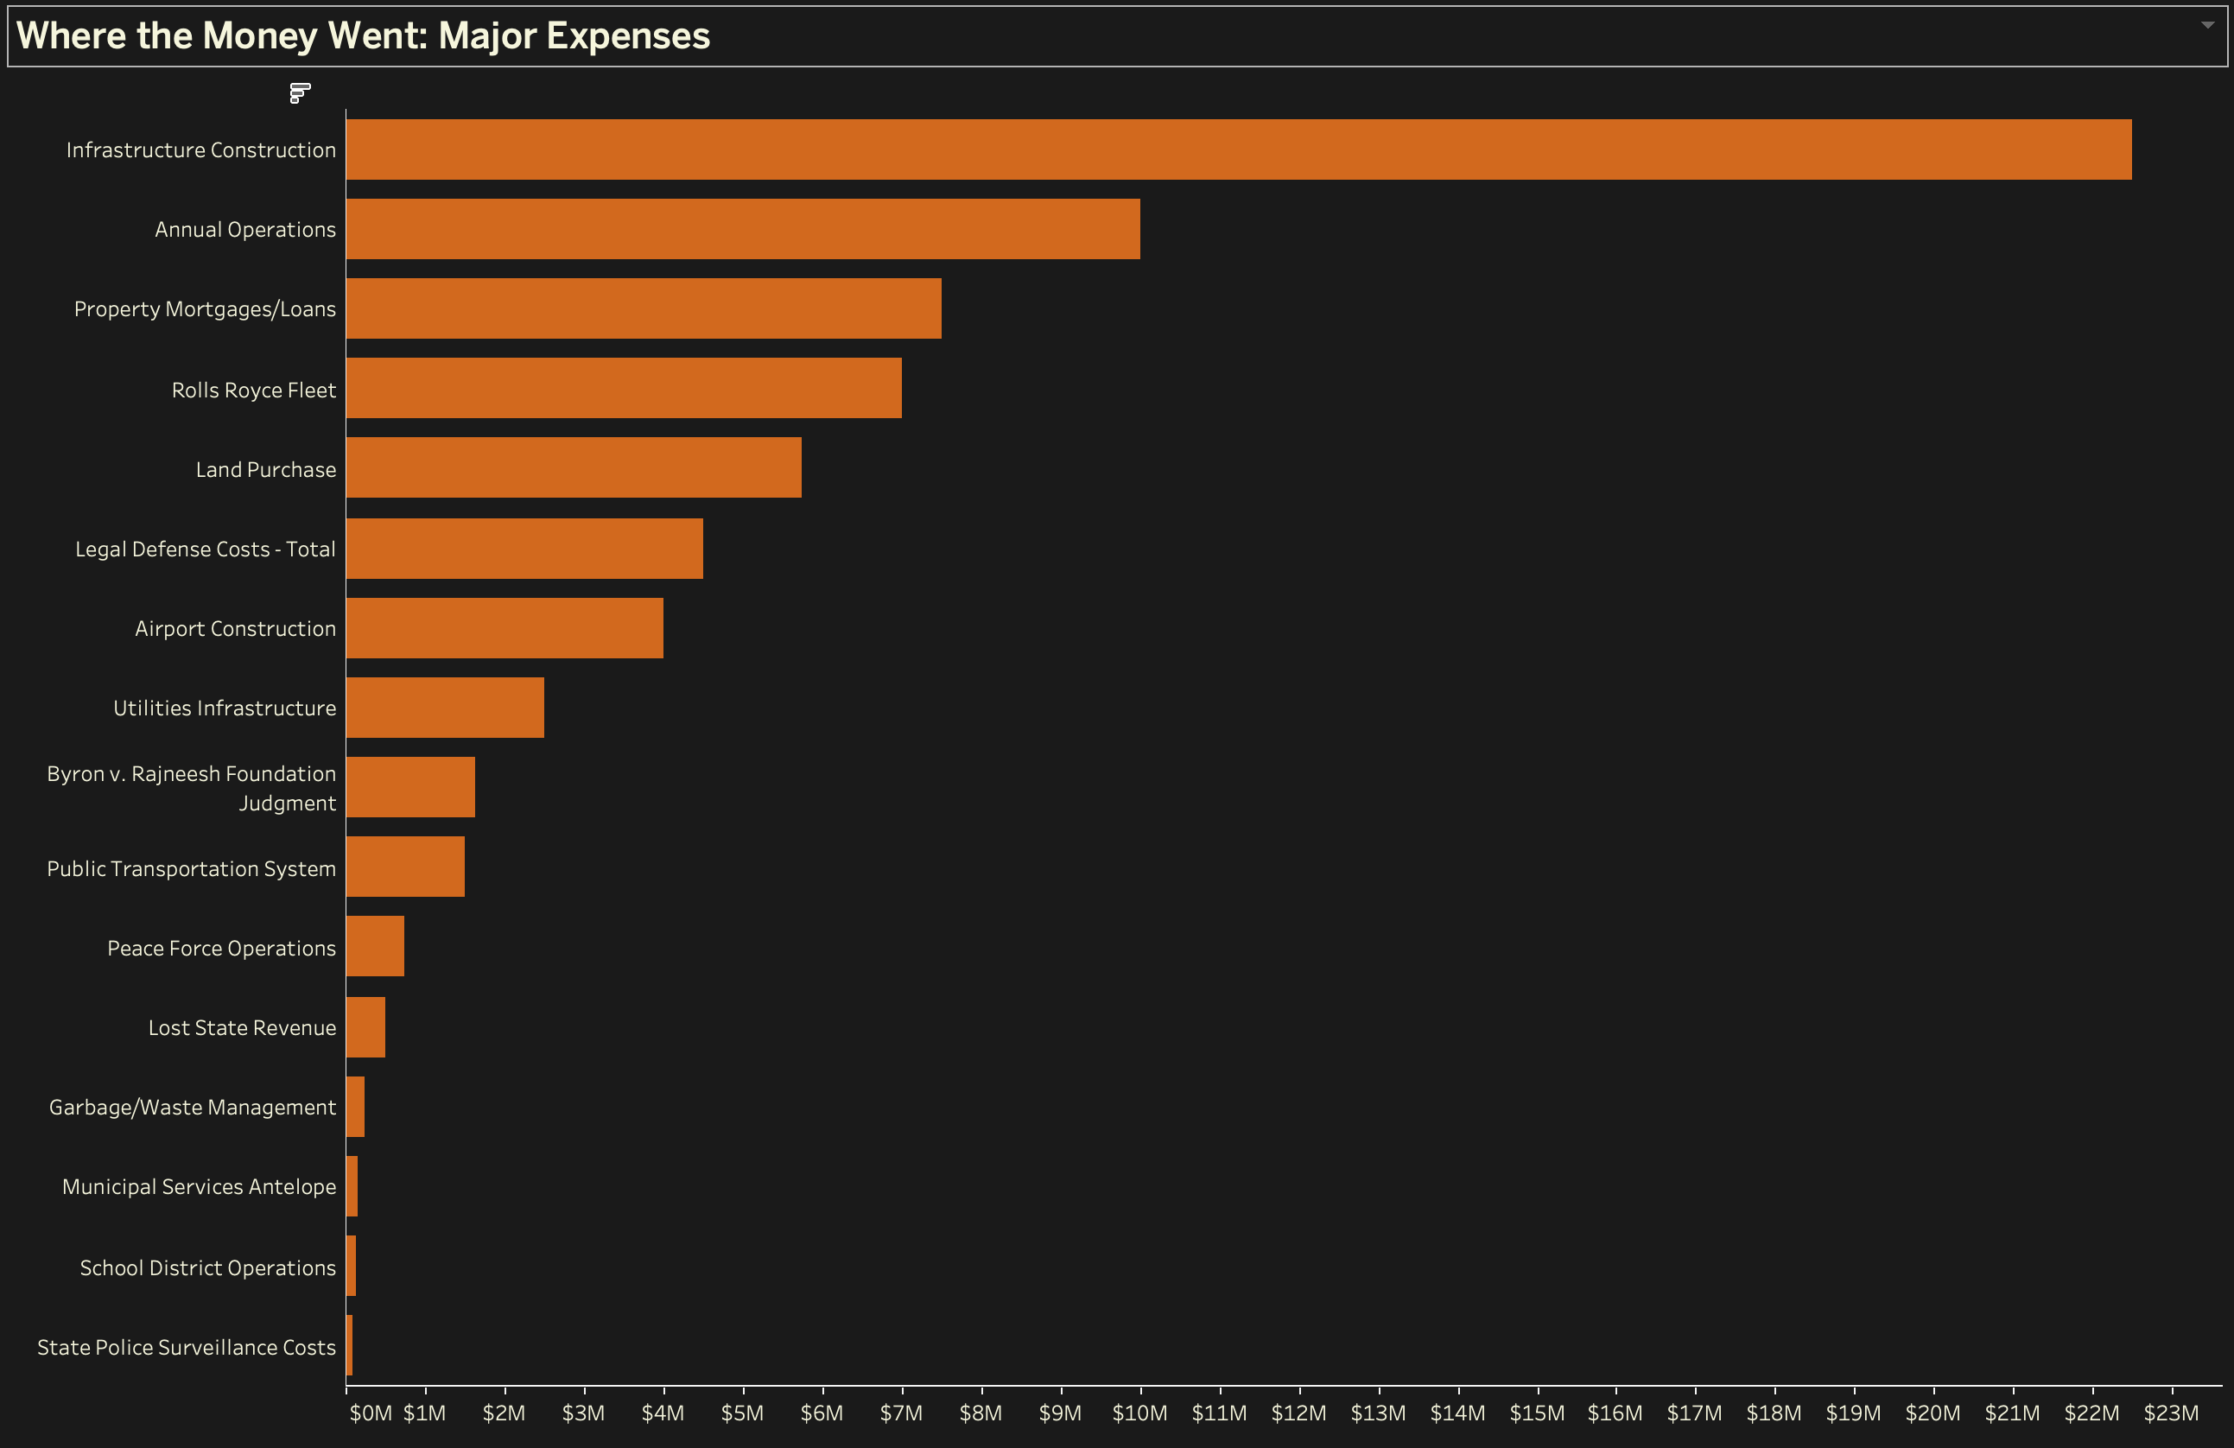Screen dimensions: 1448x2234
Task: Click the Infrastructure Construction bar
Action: point(1238,149)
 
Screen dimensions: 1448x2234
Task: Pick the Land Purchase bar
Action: point(574,467)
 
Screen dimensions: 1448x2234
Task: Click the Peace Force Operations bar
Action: point(376,947)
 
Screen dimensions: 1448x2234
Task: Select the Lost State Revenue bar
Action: point(365,1027)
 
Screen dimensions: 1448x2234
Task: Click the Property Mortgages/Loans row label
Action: point(205,309)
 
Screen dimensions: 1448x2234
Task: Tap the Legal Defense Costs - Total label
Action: point(205,549)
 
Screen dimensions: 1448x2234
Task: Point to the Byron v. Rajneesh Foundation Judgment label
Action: point(192,788)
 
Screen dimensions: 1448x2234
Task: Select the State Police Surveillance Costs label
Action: point(186,1348)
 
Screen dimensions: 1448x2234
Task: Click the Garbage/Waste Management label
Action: point(193,1107)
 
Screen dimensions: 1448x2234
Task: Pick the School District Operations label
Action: point(207,1267)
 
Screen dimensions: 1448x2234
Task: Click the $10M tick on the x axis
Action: point(1139,1413)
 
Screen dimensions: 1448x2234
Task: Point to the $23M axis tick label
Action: point(2170,1413)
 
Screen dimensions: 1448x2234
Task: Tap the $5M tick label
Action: point(741,1413)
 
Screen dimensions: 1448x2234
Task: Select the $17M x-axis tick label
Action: point(1693,1413)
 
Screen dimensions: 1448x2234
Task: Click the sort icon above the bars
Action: point(300,93)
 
